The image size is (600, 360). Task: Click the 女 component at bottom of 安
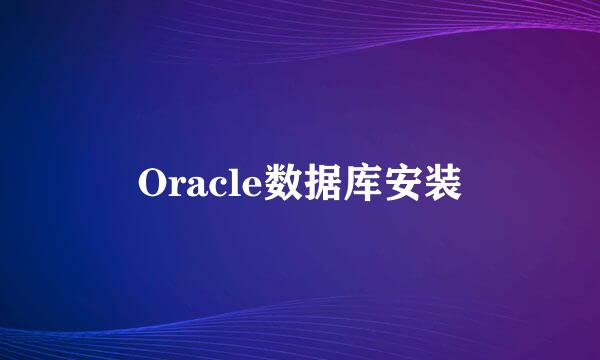point(402,191)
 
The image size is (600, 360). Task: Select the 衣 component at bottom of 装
point(442,194)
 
